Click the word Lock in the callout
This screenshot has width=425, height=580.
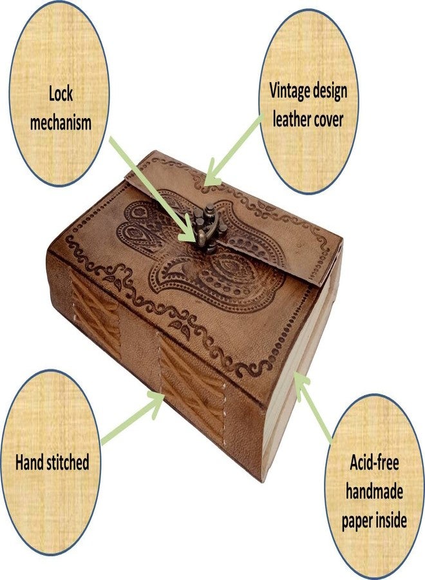point(61,94)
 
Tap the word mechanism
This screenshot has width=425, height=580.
point(61,122)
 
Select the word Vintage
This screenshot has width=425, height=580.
point(291,92)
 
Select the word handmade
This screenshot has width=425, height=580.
point(374,492)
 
